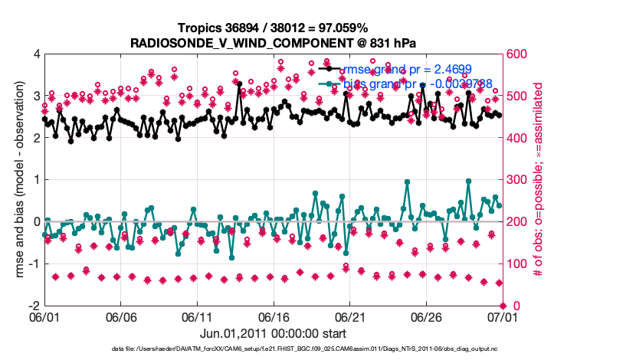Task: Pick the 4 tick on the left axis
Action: pyautogui.click(x=37, y=54)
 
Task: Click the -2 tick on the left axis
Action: pyautogui.click(x=34, y=306)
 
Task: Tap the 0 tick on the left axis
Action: pyautogui.click(x=37, y=222)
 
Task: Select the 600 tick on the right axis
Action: pyautogui.click(x=516, y=54)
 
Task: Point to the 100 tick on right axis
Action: pyautogui.click(x=516, y=264)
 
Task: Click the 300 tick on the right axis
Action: pyautogui.click(x=516, y=180)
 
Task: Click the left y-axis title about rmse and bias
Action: pyautogui.click(x=15, y=180)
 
